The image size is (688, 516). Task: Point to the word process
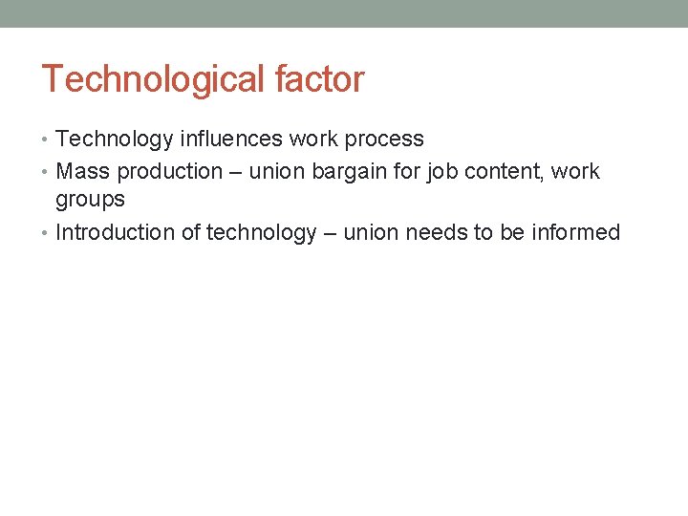(x=383, y=140)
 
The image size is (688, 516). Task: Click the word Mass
(x=83, y=172)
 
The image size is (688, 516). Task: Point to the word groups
(x=90, y=200)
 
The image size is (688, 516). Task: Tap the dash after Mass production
(x=236, y=173)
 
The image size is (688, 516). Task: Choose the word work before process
(x=312, y=140)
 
